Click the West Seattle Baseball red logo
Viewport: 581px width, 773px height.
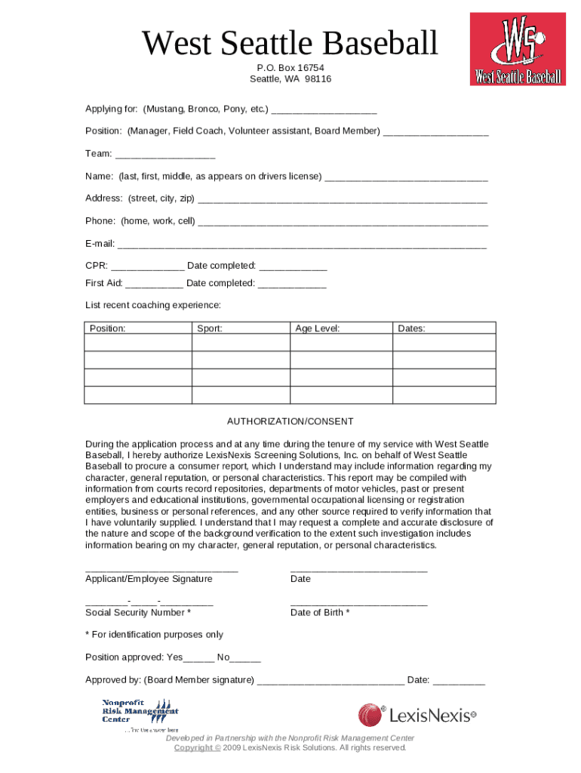(518, 48)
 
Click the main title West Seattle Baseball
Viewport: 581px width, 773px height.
(290, 44)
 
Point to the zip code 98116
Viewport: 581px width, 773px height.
(318, 79)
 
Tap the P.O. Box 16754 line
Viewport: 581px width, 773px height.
(290, 68)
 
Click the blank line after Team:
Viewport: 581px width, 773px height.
(164, 155)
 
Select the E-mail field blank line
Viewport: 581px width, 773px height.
(302, 245)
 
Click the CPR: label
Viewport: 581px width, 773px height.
(97, 266)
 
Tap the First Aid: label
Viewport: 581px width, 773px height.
(104, 283)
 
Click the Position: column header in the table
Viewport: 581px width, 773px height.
(108, 328)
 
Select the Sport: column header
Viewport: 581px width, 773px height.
(210, 328)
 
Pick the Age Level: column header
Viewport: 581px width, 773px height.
(317, 328)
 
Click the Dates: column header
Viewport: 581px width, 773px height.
(411, 328)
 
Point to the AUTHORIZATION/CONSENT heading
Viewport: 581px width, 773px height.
(290, 421)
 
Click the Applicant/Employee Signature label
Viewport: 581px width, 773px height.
(149, 579)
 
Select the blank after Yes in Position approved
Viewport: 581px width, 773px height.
(200, 658)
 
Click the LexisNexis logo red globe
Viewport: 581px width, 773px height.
(370, 715)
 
